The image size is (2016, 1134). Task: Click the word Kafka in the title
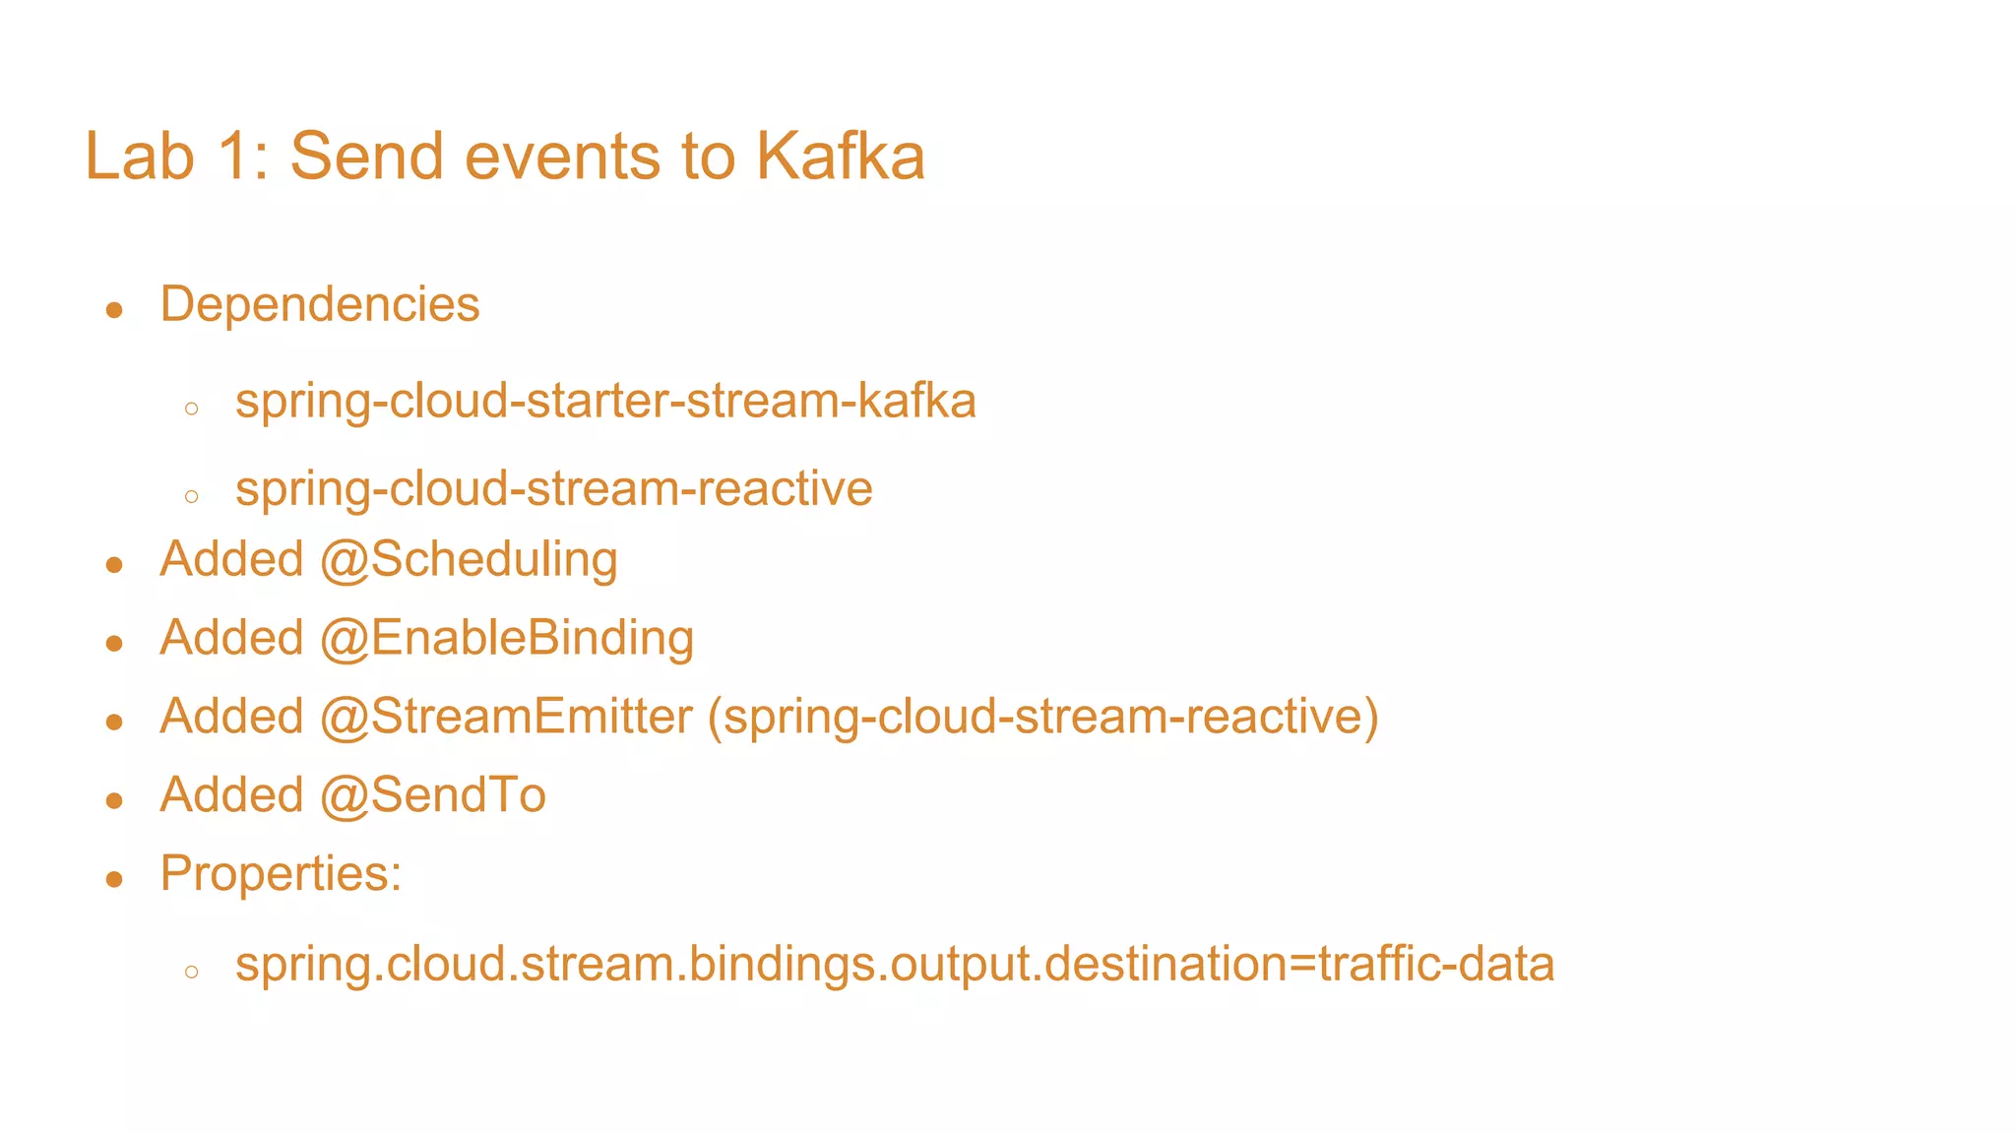coord(840,157)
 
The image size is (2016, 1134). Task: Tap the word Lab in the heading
coord(139,157)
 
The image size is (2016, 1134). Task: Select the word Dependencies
coord(320,304)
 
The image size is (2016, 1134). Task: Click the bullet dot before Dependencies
coord(114,311)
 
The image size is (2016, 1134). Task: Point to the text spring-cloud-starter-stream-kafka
coord(605,402)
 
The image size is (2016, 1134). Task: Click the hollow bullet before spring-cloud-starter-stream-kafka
coord(192,409)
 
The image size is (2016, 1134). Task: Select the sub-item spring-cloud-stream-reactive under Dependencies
coord(553,489)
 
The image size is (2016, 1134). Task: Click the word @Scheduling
coord(469,560)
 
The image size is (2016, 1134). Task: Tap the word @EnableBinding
coord(507,638)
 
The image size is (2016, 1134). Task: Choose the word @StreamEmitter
coord(506,717)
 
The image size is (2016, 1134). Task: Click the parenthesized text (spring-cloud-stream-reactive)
coord(1043,717)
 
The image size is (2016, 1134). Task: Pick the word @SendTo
coord(433,795)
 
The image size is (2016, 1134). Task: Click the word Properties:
coord(281,874)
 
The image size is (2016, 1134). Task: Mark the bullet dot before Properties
coord(114,879)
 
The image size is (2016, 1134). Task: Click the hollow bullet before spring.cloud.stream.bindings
coord(192,972)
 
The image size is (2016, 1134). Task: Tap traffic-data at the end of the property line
coord(1436,964)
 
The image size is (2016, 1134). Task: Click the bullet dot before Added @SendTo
coord(114,800)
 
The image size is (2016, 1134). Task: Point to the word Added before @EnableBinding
coord(231,638)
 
